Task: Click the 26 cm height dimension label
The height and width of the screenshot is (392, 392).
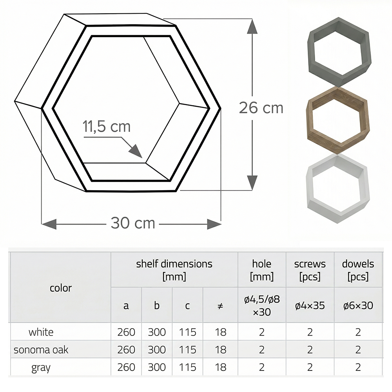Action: pyautogui.click(x=261, y=107)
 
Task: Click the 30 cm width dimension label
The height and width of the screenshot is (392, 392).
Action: pyautogui.click(x=133, y=223)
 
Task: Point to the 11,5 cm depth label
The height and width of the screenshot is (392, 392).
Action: pyautogui.click(x=106, y=127)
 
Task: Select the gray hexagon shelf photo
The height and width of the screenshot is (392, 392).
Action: pyautogui.click(x=339, y=52)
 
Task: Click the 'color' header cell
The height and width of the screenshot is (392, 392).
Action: pyautogui.click(x=61, y=288)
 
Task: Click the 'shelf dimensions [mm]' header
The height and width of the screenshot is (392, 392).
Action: pyautogui.click(x=174, y=270)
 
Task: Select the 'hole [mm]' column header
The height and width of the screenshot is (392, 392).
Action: pyautogui.click(x=261, y=270)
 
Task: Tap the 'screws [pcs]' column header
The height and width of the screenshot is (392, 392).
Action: pyautogui.click(x=310, y=270)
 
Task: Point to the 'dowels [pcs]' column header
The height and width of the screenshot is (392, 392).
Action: pyautogui.click(x=358, y=270)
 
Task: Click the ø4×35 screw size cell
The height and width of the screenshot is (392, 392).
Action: pyautogui.click(x=310, y=306)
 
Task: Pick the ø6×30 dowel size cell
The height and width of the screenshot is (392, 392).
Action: pyautogui.click(x=358, y=306)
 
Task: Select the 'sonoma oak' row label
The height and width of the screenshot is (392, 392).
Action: pyautogui.click(x=41, y=350)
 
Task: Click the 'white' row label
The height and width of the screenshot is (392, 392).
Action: pyautogui.click(x=41, y=332)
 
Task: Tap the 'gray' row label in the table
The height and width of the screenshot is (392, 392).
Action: pyautogui.click(x=41, y=367)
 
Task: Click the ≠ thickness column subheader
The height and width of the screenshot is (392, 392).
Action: pyautogui.click(x=220, y=306)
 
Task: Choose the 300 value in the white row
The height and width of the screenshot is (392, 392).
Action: pyautogui.click(x=157, y=332)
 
